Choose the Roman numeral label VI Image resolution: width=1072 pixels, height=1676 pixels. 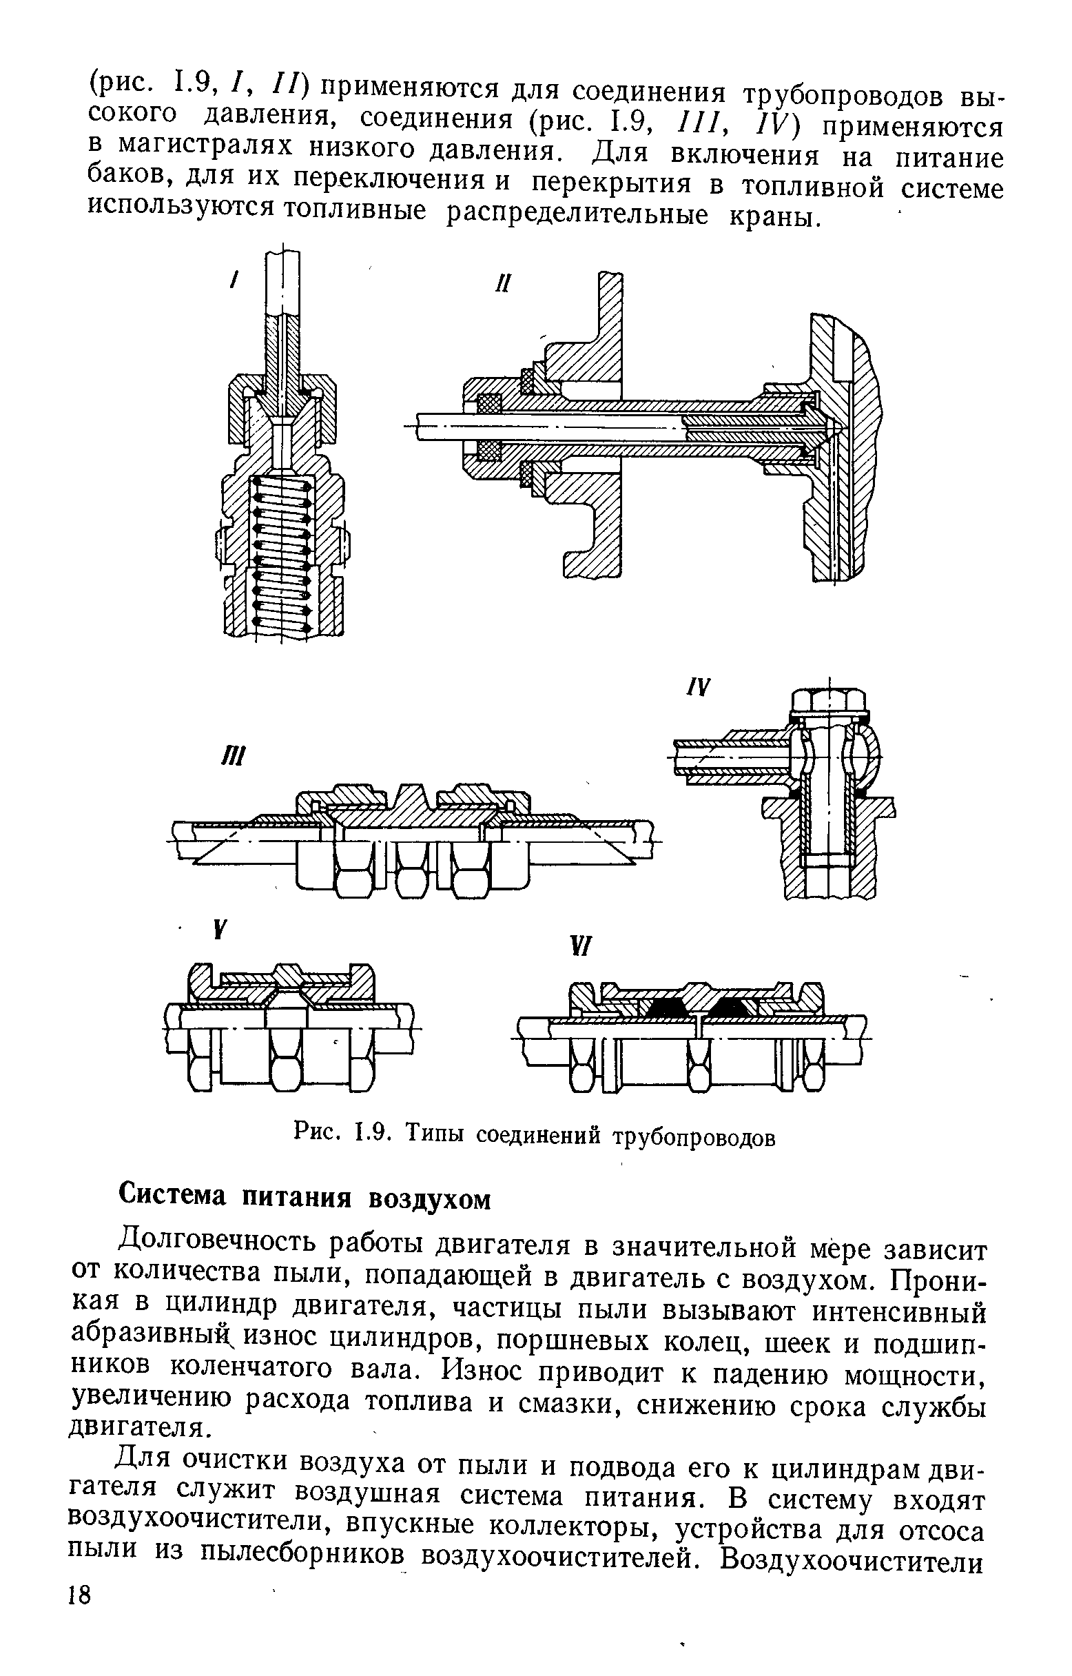pos(579,948)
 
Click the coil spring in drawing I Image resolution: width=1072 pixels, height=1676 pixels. pos(281,550)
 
